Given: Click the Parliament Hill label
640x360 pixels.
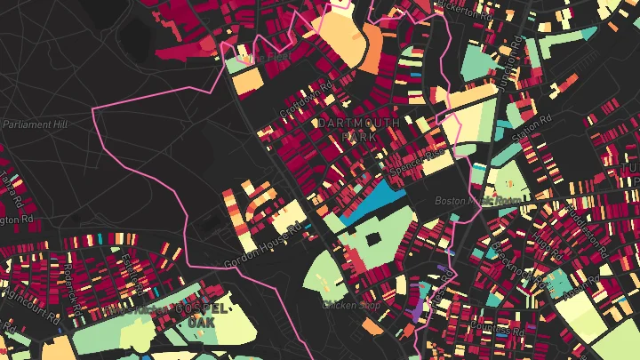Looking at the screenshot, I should (36, 124).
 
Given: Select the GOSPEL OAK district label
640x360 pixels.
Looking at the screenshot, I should (208, 314).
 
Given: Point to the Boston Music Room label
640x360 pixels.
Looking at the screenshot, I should (479, 202).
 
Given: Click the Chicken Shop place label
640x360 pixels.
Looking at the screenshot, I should (351, 306).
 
